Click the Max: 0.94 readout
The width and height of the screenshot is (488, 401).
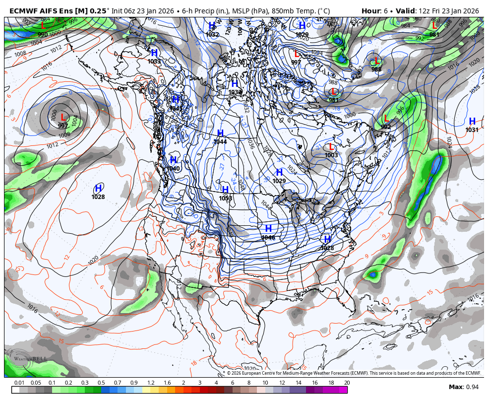(x=464, y=387)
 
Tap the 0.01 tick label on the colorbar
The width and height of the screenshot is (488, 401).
(x=19, y=383)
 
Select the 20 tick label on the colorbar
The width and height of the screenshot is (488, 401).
(x=347, y=383)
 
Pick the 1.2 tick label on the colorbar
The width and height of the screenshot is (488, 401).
(x=150, y=383)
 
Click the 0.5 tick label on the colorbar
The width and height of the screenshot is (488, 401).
(x=101, y=383)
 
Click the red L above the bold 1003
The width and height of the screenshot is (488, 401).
(x=331, y=147)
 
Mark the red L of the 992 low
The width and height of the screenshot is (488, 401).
(x=386, y=119)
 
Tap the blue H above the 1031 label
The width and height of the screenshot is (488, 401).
(x=472, y=122)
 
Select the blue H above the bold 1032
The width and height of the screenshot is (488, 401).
(x=212, y=26)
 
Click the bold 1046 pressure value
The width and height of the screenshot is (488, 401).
(x=268, y=238)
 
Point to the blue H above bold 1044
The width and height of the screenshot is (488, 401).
(x=220, y=134)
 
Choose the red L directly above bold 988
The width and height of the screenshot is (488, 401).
(x=376, y=62)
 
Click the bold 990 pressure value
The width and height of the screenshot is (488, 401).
(x=43, y=35)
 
